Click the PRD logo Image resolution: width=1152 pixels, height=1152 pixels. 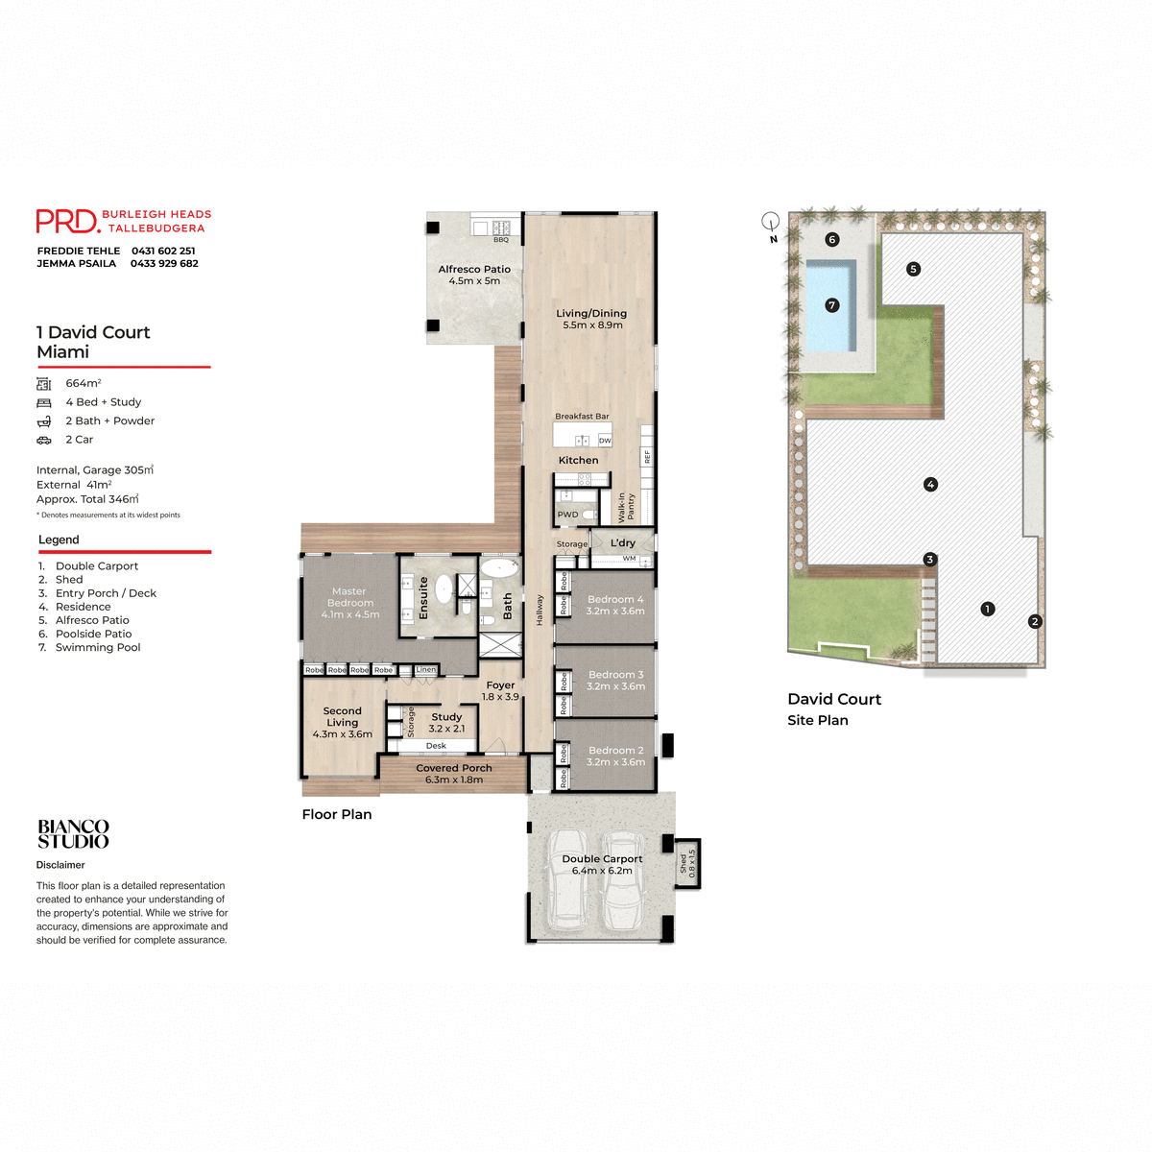(67, 222)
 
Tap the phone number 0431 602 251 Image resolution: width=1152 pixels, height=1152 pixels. (163, 251)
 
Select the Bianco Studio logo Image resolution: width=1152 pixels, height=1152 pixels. (73, 834)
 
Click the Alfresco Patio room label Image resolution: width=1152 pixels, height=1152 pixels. (474, 276)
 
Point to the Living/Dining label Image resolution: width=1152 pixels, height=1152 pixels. (591, 319)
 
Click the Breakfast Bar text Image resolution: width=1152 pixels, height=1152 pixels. (582, 417)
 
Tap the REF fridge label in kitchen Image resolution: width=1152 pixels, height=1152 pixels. (647, 457)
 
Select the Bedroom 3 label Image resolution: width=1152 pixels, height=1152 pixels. (615, 681)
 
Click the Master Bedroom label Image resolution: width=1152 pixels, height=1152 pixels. (349, 603)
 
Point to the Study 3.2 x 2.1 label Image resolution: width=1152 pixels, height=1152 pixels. (446, 723)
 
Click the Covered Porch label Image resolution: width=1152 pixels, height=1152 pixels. (454, 774)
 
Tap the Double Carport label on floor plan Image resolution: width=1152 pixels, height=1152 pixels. (602, 865)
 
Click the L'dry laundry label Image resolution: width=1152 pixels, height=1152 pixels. (623, 543)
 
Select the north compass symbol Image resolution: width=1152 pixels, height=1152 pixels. (770, 223)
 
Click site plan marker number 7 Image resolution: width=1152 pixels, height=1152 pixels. (832, 305)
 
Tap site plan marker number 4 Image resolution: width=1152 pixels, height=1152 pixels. (930, 485)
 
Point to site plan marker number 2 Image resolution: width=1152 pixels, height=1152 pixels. (1035, 622)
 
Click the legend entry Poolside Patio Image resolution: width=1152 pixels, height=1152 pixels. (93, 634)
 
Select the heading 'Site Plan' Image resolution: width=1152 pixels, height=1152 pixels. (818, 720)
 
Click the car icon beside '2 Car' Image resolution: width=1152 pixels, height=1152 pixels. (44, 440)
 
